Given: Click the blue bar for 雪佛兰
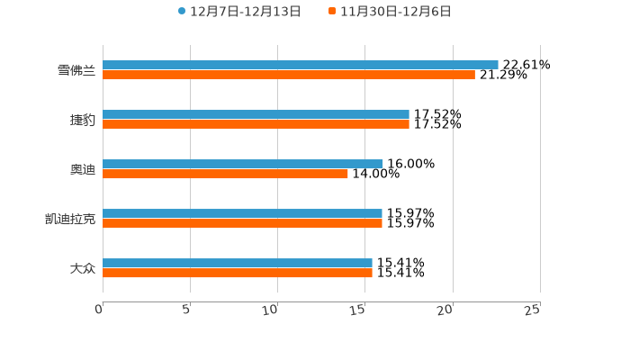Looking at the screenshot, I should [300, 65].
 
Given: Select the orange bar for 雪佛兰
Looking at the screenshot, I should [288, 76].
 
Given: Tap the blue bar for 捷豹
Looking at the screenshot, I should [256, 114].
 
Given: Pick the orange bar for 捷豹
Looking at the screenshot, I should [256, 125].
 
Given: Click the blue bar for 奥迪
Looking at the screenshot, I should [243, 164].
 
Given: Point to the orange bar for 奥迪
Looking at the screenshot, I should [225, 175].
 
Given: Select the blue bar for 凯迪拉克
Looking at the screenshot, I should [242, 213].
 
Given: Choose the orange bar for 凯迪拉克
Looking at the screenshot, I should [242, 224].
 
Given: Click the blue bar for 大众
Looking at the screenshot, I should [238, 263].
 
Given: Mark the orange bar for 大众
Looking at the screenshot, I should [238, 274].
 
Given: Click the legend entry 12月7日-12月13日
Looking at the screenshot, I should [245, 12].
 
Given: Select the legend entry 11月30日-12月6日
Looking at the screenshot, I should [395, 12].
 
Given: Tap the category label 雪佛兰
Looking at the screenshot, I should [76, 70].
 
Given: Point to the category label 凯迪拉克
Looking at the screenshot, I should [70, 219].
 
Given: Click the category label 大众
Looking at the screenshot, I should [82, 268].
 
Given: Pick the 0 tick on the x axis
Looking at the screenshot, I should [99, 310].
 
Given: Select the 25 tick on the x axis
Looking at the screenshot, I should [533, 310].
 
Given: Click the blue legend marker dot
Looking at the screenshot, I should [182, 12].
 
